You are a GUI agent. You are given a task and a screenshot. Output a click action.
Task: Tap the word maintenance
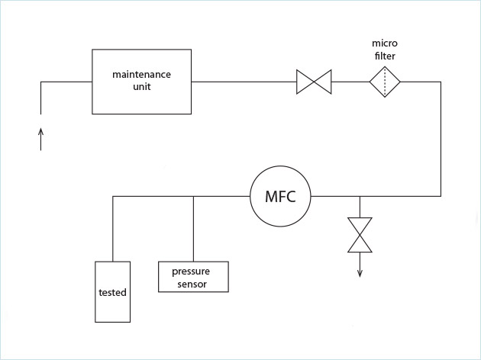(x=142, y=74)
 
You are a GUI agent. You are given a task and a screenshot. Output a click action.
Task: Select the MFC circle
(x=280, y=197)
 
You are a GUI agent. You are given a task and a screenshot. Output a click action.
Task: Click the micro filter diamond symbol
(x=386, y=81)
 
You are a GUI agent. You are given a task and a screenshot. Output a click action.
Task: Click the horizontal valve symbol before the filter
(x=314, y=81)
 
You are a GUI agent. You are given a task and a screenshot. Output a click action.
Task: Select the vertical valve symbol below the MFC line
(x=360, y=234)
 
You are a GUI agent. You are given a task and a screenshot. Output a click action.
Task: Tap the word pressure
(x=190, y=272)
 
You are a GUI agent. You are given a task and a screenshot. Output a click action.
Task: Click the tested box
(x=112, y=291)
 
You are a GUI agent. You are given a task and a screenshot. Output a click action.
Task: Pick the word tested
(x=112, y=293)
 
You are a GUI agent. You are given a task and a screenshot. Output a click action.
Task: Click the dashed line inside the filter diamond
(x=386, y=81)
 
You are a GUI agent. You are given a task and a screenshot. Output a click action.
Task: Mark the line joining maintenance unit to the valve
(x=244, y=81)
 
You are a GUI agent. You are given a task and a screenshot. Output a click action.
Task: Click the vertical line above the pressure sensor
(x=193, y=229)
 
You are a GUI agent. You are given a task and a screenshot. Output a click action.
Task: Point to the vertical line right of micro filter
(x=441, y=137)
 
